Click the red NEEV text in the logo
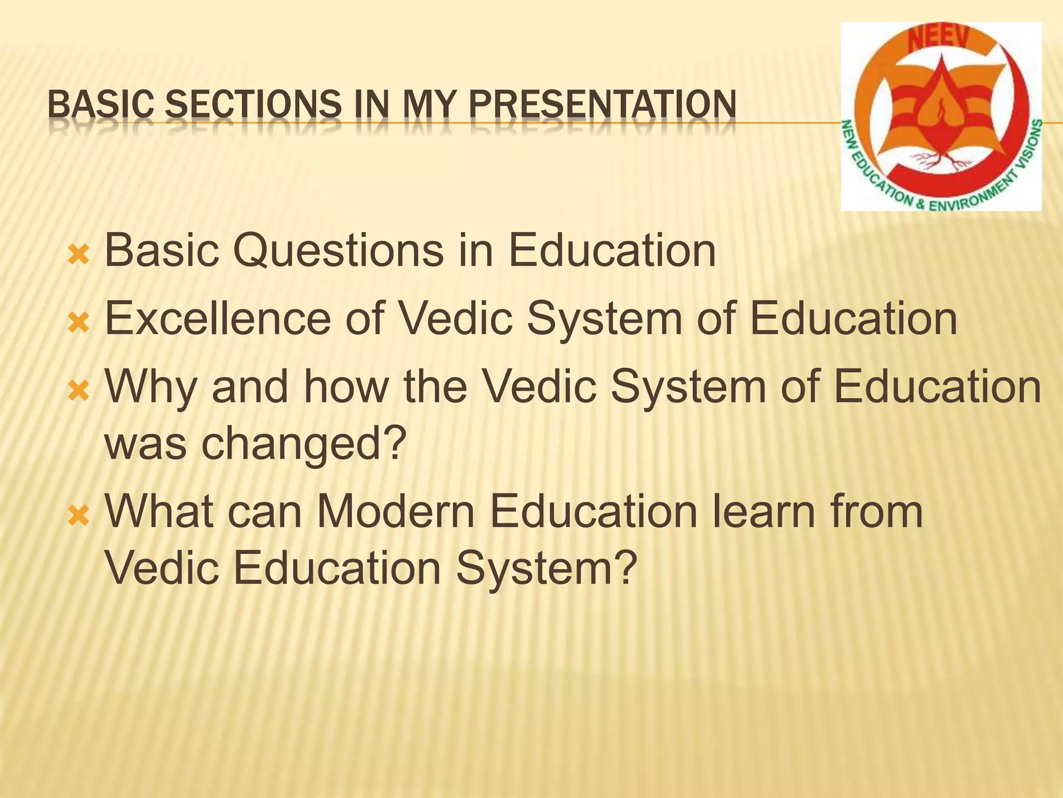point(938,40)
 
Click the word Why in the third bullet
point(151,387)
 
